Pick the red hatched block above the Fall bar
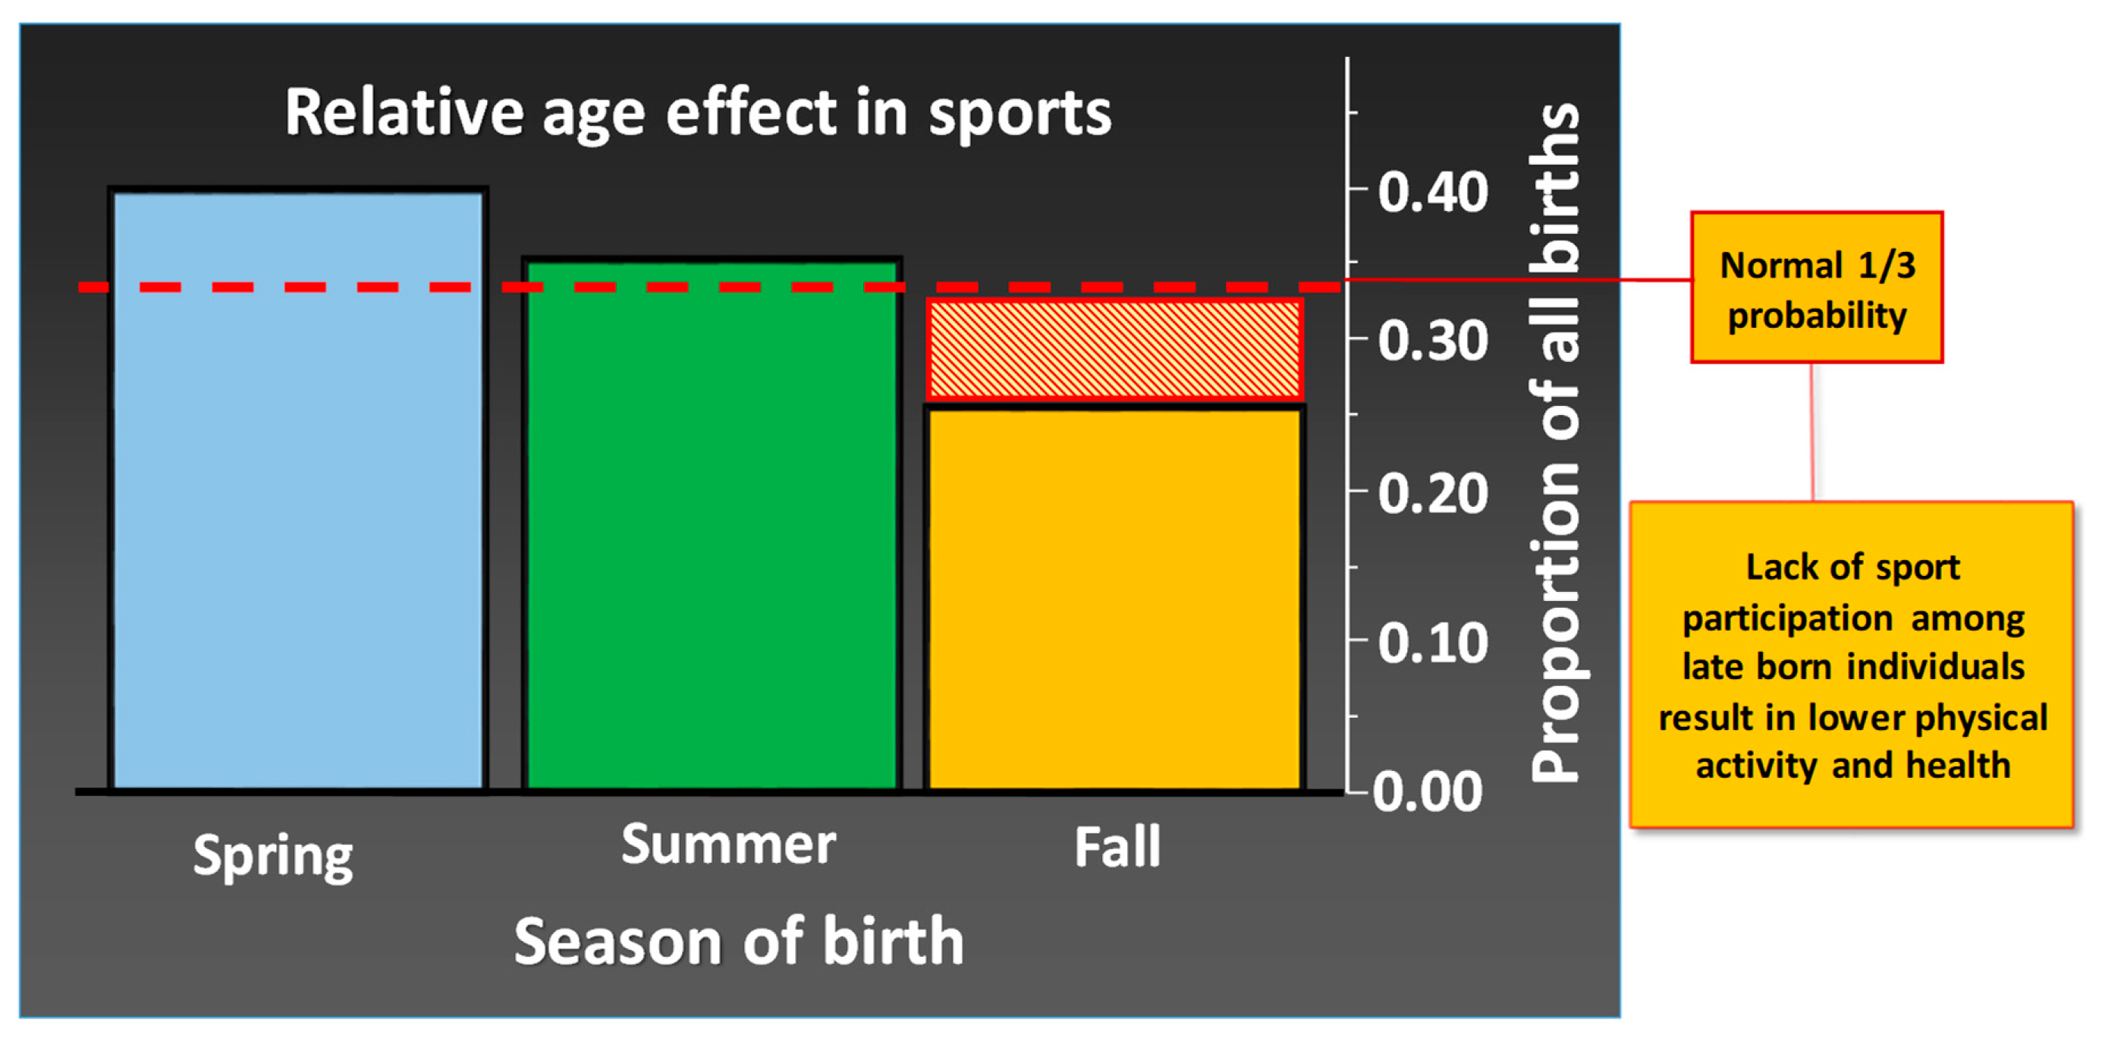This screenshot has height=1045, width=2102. (1114, 349)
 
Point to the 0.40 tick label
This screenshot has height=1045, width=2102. (1433, 193)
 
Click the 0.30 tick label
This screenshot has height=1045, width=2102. (1433, 341)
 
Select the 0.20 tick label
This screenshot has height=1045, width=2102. (1433, 494)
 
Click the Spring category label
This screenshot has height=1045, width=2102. (272, 855)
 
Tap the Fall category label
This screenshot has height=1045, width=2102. (1117, 847)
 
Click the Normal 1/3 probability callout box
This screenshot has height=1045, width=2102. (1817, 288)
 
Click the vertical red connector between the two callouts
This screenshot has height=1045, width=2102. (1812, 433)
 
